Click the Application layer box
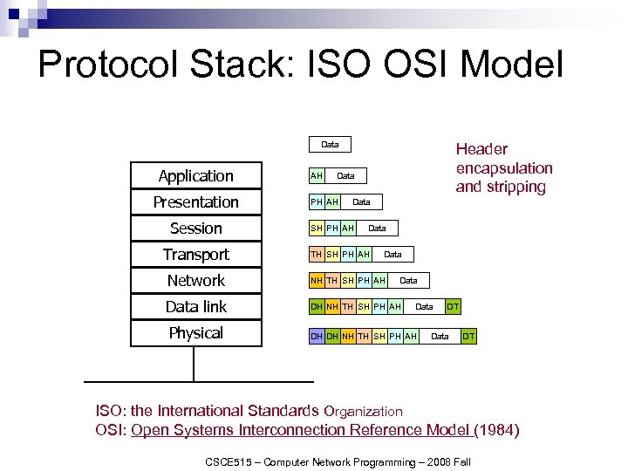coord(195,175)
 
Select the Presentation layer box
coord(195,201)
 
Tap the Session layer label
coord(195,229)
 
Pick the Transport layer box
coord(195,255)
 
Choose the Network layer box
coord(195,281)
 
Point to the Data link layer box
coord(195,307)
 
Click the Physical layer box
coord(195,333)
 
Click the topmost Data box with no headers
coord(330,144)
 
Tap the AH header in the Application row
coord(317,175)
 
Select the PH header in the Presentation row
coord(317,201)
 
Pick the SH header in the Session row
coord(317,228)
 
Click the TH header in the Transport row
coord(317,254)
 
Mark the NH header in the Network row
coord(317,280)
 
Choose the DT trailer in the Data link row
coord(454,306)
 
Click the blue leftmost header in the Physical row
coord(317,336)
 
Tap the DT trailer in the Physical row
coord(469,336)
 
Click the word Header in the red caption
coord(481,149)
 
